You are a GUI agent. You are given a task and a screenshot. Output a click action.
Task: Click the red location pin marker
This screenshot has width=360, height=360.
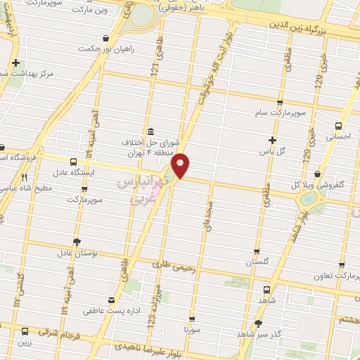tap(181, 165)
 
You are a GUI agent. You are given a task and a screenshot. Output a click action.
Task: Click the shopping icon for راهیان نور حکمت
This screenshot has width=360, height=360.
tap(105, 37)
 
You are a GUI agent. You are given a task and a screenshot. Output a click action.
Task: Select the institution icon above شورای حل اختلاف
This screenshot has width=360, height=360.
tap(150, 131)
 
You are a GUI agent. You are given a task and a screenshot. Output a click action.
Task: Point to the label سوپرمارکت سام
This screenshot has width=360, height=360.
tap(281, 112)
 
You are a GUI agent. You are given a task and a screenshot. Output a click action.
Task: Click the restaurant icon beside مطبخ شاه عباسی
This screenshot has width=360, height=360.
tap(24, 177)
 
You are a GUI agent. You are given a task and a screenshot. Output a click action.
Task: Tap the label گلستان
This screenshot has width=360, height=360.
tap(258, 261)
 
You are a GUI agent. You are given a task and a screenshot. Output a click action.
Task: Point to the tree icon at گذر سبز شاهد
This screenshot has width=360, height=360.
tap(258, 323)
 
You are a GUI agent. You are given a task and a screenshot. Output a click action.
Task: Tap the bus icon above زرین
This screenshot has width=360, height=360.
tap(25, 330)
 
